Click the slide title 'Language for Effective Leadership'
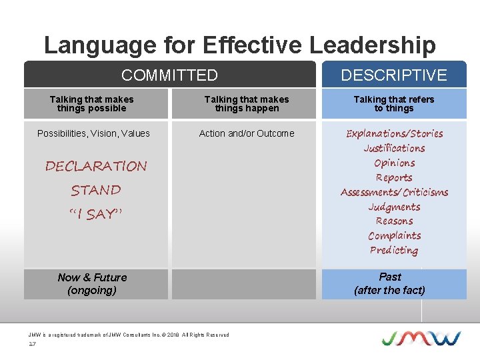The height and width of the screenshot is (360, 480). [239, 45]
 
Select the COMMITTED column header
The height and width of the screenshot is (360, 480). [169, 75]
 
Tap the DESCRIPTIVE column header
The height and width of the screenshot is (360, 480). [394, 75]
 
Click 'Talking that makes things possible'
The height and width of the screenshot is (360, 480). [91, 103]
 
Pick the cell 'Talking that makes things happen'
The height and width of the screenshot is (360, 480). [247, 103]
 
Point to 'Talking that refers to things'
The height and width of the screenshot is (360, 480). [394, 103]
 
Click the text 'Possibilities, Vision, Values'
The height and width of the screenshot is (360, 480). [93, 133]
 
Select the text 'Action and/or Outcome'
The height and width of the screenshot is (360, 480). [247, 133]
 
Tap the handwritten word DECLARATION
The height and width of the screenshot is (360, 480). [96, 166]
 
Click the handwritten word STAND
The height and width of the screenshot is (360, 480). [96, 190]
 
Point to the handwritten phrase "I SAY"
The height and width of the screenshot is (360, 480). [96, 214]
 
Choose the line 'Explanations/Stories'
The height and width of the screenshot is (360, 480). [394, 133]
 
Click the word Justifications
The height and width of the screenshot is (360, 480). [394, 148]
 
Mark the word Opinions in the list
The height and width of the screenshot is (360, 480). [394, 163]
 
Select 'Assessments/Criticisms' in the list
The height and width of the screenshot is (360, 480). [394, 192]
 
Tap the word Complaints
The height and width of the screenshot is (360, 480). [394, 235]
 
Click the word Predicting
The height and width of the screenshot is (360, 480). [394, 250]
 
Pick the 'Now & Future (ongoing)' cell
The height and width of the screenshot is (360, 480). [92, 283]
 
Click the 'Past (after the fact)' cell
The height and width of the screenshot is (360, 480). [390, 283]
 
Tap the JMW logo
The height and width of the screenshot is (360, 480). [421, 337]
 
